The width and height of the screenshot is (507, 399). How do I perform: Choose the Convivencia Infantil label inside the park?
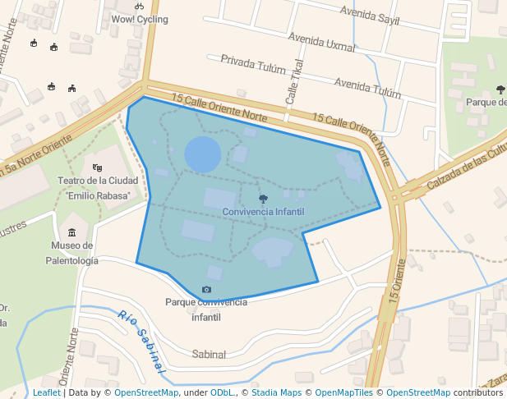(263, 212)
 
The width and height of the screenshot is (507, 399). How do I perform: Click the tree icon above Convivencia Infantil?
(263, 199)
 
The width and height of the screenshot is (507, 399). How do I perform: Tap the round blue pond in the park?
(202, 154)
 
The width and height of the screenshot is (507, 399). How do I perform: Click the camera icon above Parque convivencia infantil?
(206, 290)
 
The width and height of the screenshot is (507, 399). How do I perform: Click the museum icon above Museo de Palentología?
(72, 232)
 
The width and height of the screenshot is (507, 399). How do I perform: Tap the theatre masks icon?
(97, 167)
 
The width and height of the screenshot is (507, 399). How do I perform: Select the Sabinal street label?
(209, 354)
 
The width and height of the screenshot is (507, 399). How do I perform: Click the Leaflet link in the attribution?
(47, 393)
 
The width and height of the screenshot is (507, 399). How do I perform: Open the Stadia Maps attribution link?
(275, 393)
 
